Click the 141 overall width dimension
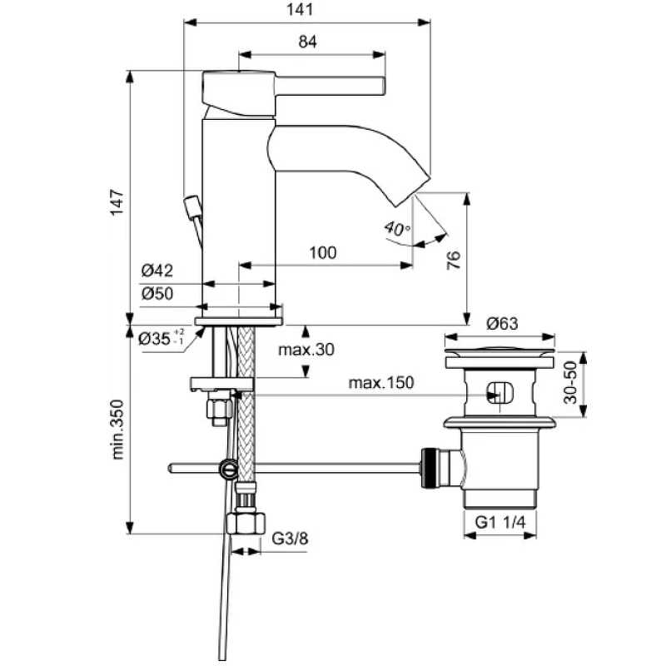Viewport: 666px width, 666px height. pos(300,9)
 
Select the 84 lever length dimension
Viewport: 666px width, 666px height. pos(307,42)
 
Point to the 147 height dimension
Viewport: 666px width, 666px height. pos(117,202)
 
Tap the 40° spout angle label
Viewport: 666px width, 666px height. pos(397,229)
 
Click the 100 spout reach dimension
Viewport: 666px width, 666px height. pos(323,253)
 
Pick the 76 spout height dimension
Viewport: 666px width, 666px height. pos(454,260)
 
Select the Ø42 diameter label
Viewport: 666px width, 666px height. pos(157,271)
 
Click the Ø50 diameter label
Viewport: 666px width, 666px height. pos(157,294)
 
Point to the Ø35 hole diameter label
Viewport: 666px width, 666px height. pos(162,338)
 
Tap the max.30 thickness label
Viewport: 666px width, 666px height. pos(306,350)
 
